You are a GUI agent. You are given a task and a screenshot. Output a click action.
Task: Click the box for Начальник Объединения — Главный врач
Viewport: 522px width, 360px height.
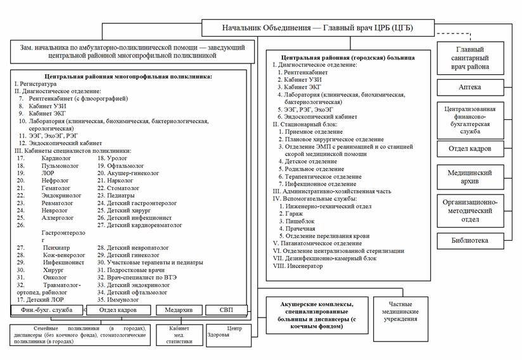pos(319,28)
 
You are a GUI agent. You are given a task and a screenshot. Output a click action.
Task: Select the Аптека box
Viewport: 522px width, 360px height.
pos(470,86)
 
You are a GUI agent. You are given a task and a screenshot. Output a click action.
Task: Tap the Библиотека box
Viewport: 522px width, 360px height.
pos(470,241)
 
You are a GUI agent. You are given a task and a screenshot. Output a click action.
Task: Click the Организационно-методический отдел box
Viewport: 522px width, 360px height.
pos(470,210)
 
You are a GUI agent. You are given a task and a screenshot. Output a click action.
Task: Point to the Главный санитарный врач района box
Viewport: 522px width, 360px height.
pos(470,58)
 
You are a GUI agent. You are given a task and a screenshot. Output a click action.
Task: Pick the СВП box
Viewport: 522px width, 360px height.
pos(226,310)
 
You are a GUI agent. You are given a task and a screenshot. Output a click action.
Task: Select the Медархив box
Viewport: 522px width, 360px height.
pos(179,310)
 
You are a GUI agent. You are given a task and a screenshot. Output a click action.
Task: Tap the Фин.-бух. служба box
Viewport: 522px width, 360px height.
pos(47,310)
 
